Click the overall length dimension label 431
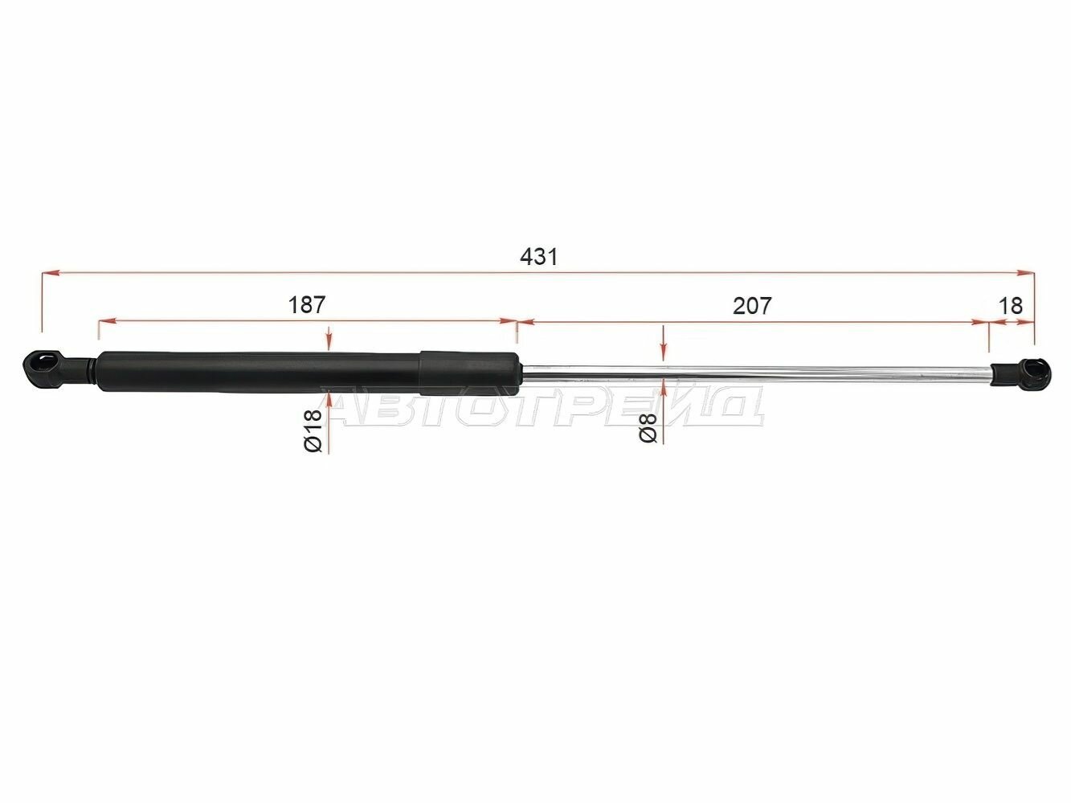point(538,256)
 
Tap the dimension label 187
point(306,305)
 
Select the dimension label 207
point(752,306)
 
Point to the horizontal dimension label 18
point(1010,306)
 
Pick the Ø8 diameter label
point(648,428)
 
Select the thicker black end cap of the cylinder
point(469,373)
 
